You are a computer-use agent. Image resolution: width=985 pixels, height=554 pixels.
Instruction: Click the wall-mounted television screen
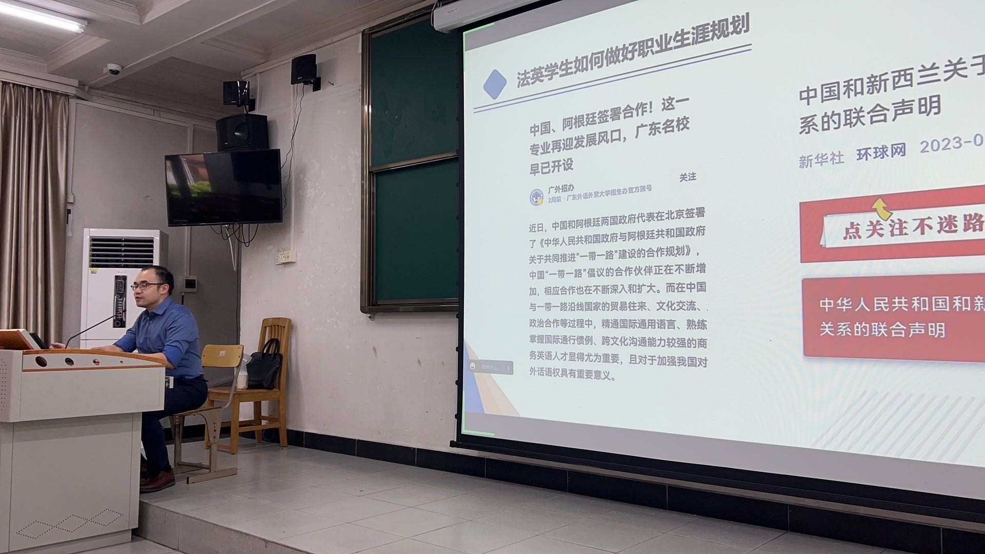224,187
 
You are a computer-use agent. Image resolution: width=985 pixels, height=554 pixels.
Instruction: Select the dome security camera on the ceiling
113,69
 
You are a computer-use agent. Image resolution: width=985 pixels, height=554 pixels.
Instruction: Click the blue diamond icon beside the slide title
495,85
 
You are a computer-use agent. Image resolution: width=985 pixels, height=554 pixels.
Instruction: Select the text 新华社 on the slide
821,159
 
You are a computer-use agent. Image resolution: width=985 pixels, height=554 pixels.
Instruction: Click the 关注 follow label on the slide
687,177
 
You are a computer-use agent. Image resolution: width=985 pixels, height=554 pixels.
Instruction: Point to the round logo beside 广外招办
537,196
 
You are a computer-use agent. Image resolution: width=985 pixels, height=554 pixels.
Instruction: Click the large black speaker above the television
242,132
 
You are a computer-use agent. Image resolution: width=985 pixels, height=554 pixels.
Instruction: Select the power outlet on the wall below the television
285,256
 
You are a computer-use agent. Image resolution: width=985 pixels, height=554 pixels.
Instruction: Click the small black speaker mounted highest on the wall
304,69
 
